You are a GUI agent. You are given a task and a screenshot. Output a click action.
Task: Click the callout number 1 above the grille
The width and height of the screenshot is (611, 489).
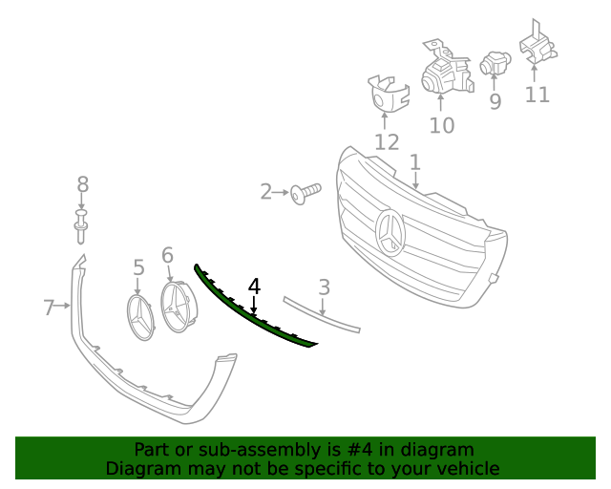[415, 162]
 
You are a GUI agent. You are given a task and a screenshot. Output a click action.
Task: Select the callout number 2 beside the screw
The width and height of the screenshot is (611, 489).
[265, 192]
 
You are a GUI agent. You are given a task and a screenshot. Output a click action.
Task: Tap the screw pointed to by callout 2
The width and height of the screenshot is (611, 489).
[306, 194]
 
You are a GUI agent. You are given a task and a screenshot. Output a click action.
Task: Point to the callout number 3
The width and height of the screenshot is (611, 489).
[325, 287]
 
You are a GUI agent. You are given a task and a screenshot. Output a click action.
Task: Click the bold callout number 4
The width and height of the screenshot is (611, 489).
[254, 287]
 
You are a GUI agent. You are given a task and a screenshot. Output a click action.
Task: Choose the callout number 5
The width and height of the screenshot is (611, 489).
[138, 267]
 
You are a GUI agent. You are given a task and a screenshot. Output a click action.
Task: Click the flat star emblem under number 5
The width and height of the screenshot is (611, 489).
[141, 317]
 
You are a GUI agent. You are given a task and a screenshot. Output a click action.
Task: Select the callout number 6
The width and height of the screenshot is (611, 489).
[168, 255]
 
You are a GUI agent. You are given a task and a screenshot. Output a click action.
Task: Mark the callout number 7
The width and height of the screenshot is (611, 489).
[49, 308]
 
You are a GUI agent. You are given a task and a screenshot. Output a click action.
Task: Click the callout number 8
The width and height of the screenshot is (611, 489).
[83, 184]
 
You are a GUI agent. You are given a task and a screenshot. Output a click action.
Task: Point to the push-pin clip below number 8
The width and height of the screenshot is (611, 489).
[80, 226]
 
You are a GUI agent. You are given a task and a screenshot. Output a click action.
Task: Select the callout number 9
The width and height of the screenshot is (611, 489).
[495, 101]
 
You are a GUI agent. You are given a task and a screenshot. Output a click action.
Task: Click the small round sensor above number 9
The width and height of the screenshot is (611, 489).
[495, 62]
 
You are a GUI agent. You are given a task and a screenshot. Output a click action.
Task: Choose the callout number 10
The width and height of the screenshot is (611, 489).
[442, 125]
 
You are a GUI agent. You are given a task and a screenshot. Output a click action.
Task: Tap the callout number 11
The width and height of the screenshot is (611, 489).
[537, 95]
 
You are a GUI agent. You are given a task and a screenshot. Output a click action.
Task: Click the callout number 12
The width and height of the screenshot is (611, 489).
[387, 142]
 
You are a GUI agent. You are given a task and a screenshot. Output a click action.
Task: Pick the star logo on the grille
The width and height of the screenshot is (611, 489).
[390, 233]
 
